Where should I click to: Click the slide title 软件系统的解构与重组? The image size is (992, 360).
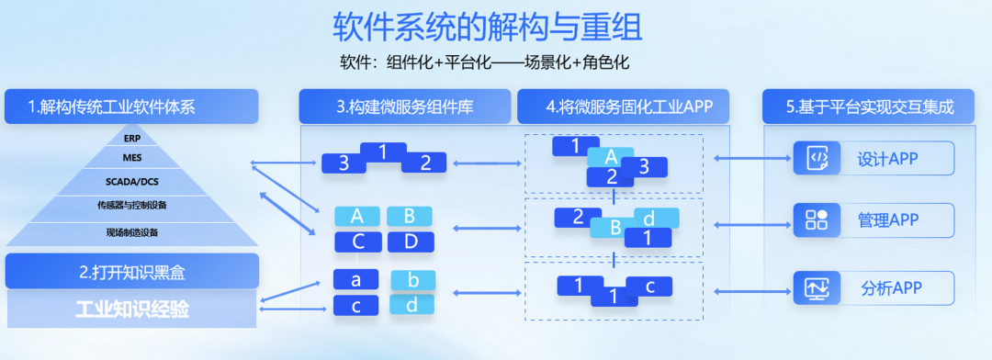[487, 27]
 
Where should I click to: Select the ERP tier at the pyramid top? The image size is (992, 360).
[131, 139]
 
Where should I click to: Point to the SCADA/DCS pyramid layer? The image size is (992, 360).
[131, 182]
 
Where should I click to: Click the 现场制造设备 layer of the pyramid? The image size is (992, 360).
[131, 231]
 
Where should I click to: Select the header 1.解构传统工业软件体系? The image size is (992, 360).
[131, 107]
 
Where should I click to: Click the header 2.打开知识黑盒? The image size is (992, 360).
[131, 271]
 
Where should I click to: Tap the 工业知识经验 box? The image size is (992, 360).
[131, 309]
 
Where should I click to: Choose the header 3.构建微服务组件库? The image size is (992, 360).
[404, 107]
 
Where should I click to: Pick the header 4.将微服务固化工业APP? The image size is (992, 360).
[624, 107]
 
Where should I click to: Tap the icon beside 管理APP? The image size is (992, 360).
[817, 219]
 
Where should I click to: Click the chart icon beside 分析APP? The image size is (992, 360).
[817, 287]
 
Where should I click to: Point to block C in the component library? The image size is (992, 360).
[357, 242]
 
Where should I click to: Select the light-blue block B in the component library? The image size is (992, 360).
[409, 216]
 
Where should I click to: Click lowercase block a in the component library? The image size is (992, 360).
[357, 279]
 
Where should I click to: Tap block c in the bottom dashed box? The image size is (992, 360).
[649, 286]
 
